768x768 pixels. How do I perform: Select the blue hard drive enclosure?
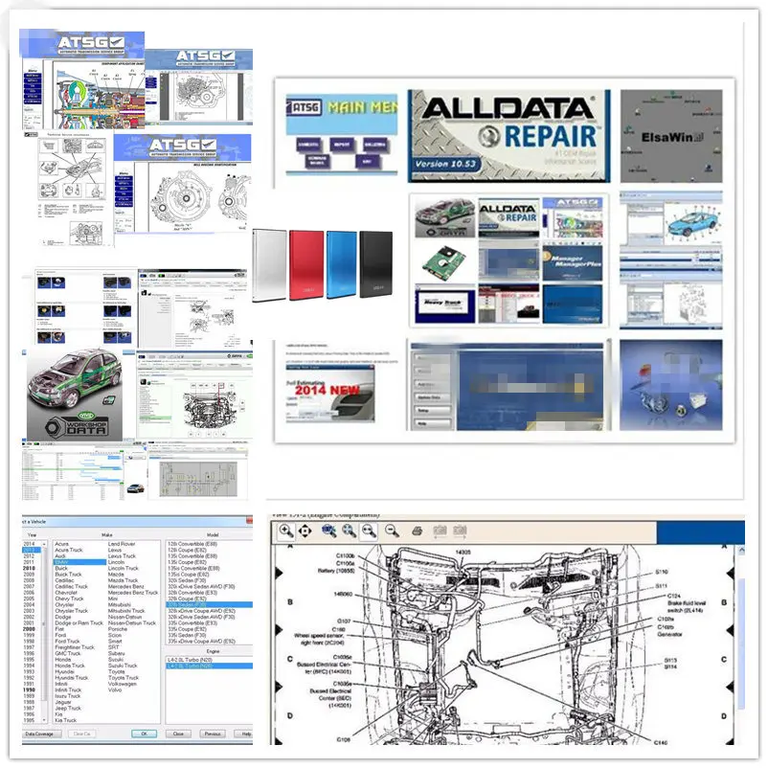click(342, 265)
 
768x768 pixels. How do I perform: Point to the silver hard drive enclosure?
click(270, 265)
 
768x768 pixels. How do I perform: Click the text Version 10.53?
click(449, 164)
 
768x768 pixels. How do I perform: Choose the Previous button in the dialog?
click(213, 734)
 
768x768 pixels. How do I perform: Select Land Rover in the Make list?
click(122, 544)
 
